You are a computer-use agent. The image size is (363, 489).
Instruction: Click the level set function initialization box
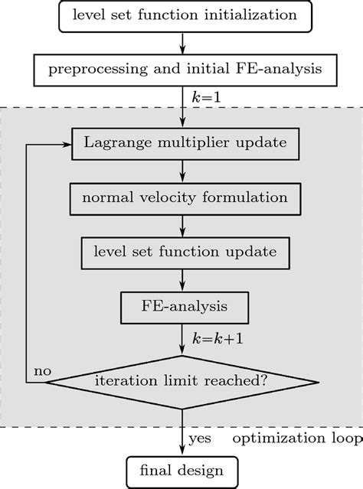click(x=185, y=15)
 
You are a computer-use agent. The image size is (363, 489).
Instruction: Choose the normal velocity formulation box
click(x=185, y=197)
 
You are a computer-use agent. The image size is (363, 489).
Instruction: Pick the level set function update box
click(x=185, y=250)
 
